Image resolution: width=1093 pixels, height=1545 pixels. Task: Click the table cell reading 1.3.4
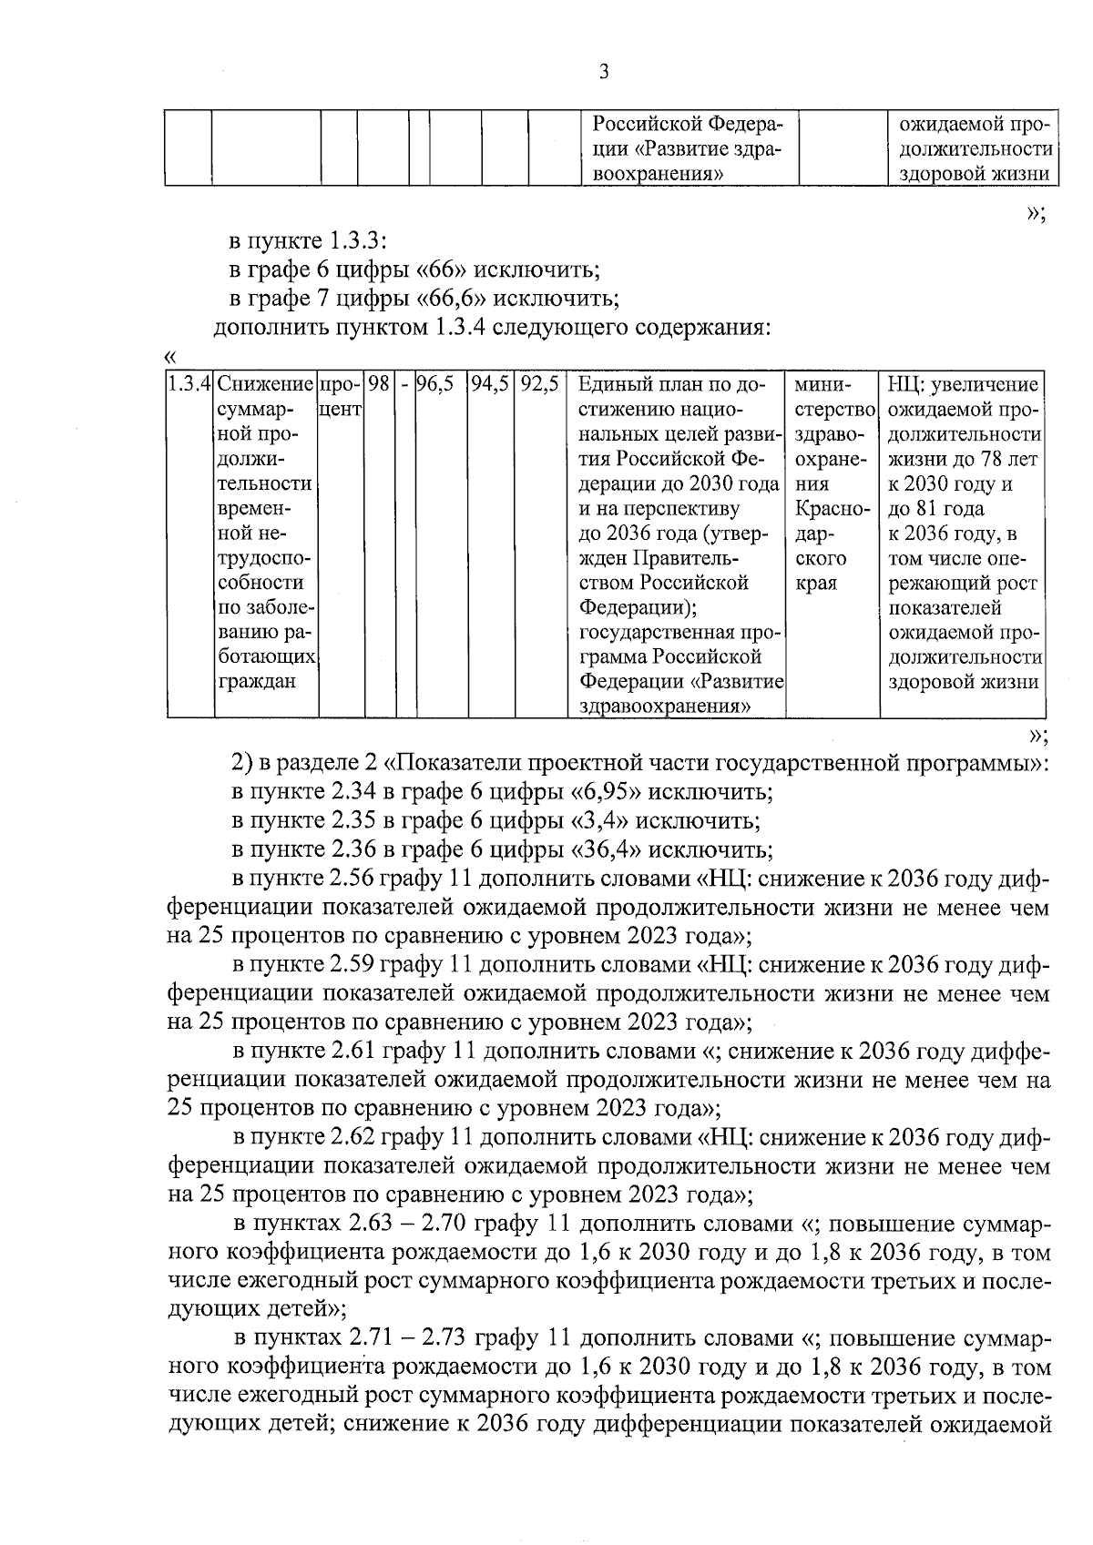[189, 385]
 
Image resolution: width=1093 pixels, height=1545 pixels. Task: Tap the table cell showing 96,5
[435, 385]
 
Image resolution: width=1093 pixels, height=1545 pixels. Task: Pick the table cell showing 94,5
[489, 385]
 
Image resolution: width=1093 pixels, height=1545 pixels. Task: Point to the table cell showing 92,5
[539, 385]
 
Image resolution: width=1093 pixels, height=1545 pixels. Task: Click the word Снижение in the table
[266, 385]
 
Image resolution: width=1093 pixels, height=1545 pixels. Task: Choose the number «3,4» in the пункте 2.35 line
[599, 821]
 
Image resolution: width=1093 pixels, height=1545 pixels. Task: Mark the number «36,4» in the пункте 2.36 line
[606, 850]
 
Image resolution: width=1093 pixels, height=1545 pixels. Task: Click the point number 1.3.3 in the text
[359, 241]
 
